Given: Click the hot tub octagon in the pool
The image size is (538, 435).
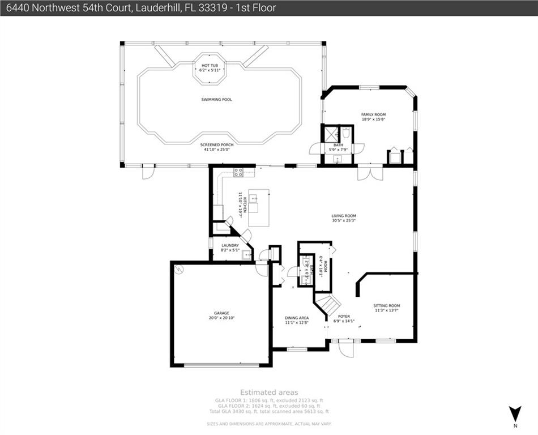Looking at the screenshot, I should pyautogui.click(x=210, y=69).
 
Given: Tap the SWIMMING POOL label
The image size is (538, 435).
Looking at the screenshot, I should pyautogui.click(x=216, y=100).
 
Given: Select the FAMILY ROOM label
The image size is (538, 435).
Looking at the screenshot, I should pyautogui.click(x=373, y=114).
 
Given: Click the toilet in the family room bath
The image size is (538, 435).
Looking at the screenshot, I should pyautogui.click(x=347, y=133).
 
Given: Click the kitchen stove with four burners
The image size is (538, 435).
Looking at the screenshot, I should pyautogui.click(x=238, y=173).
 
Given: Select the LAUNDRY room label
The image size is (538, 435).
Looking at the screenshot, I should pyautogui.click(x=230, y=245).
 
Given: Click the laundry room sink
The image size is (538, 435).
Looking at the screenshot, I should pyautogui.click(x=246, y=255).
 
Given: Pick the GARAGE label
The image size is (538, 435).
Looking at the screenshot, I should pyautogui.click(x=221, y=313).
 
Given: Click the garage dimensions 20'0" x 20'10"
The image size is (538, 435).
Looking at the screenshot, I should pyautogui.click(x=221, y=318).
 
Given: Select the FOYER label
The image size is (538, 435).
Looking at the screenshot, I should pyautogui.click(x=344, y=316).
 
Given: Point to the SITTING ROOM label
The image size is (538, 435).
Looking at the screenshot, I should pyautogui.click(x=387, y=306).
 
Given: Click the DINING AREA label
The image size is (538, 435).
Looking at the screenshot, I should pyautogui.click(x=296, y=318).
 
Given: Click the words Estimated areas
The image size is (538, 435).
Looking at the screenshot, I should pyautogui.click(x=269, y=392).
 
